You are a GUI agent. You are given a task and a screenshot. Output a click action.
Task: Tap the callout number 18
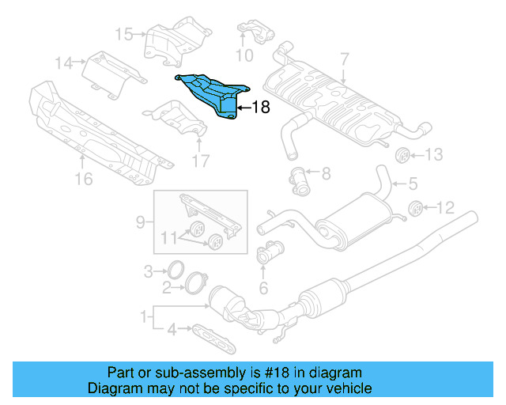(x=260, y=108)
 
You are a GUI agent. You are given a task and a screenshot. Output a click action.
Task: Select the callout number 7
(x=344, y=59)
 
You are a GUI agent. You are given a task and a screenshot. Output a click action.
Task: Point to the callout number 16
(x=82, y=180)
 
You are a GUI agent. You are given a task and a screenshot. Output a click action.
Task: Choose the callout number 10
(x=244, y=55)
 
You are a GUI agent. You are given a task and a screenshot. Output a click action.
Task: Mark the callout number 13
(x=436, y=154)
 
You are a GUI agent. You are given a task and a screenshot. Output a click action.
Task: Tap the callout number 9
(x=140, y=223)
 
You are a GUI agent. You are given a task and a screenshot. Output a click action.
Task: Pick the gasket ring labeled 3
(x=177, y=271)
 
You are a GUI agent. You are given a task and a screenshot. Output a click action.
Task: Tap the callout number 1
(x=144, y=317)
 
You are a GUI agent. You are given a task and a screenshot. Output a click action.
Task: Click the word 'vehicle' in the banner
(x=349, y=388)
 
